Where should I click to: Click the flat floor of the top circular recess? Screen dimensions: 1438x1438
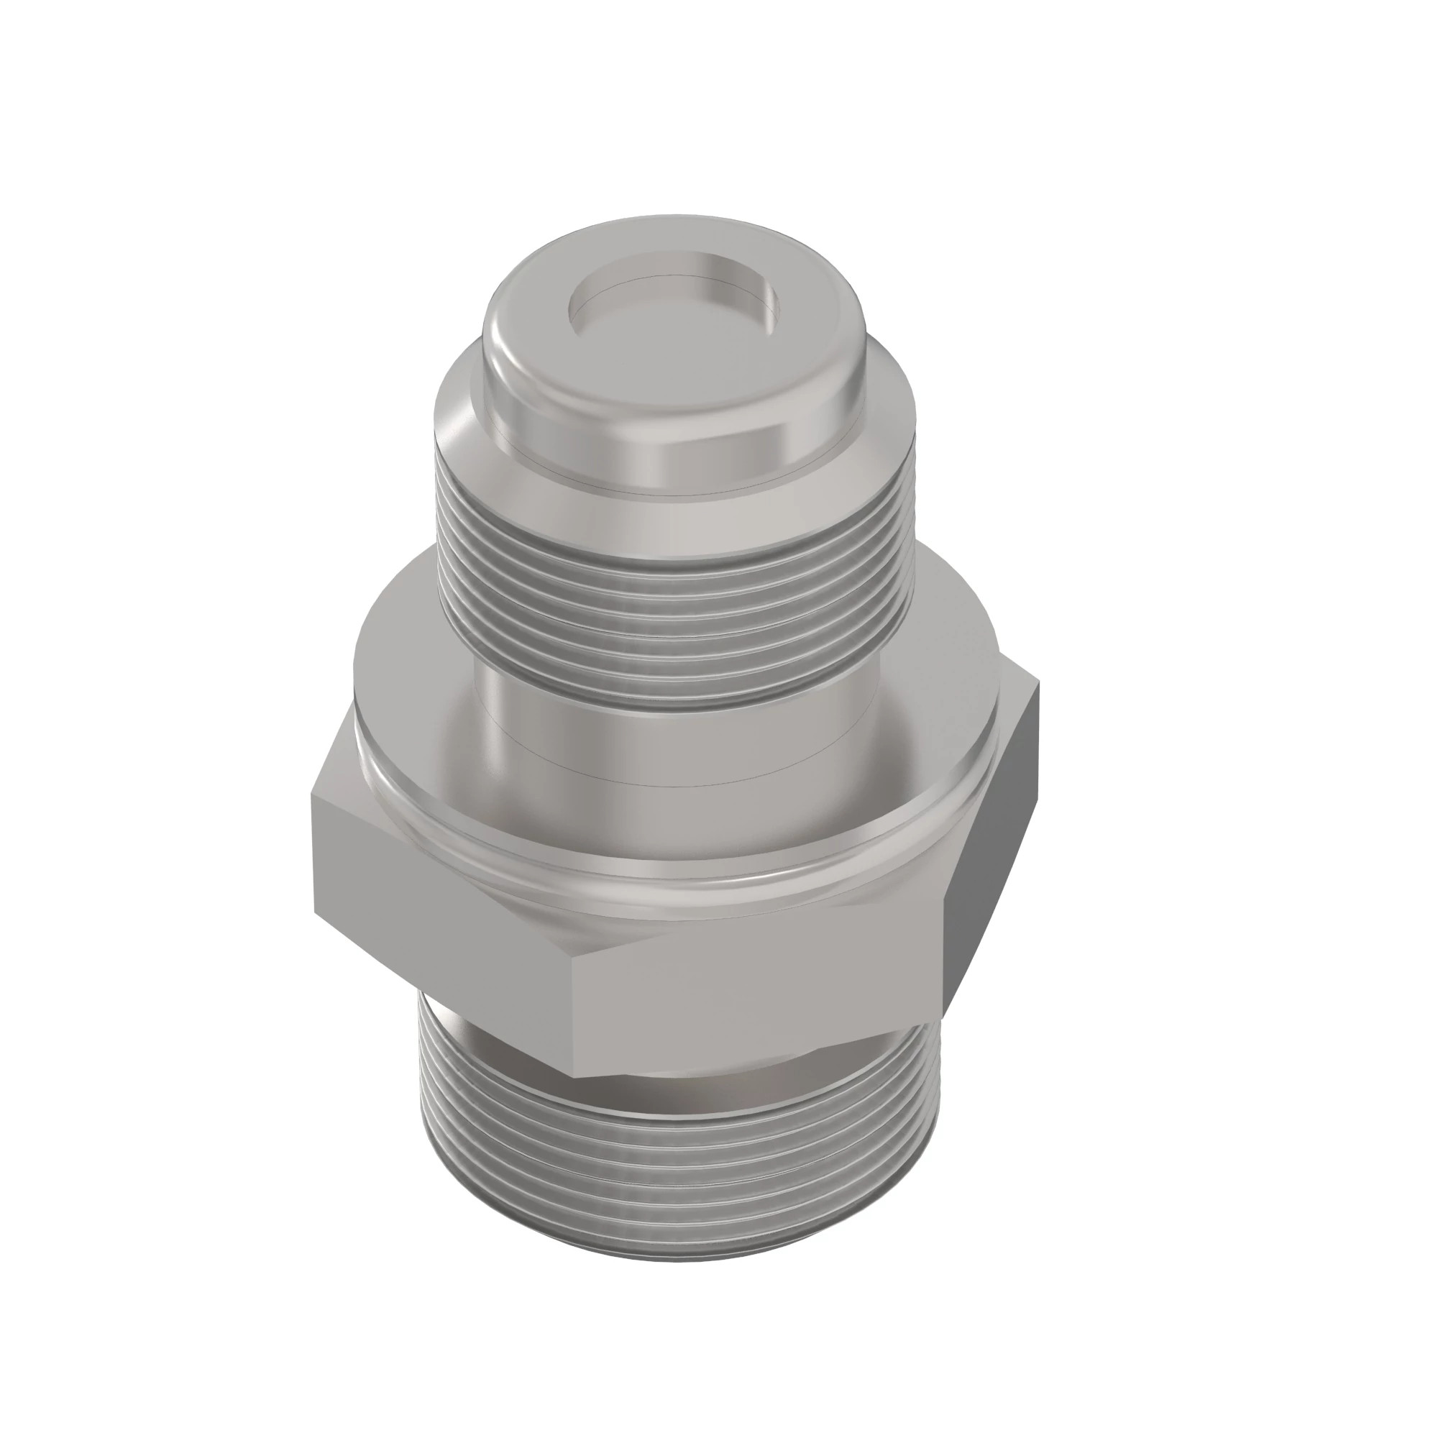click(674, 316)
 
